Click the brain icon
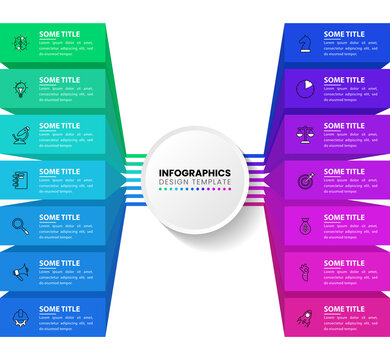point(20,43)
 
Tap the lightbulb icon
point(20,89)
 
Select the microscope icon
point(20,135)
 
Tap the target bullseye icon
point(304,181)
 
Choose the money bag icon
point(304,227)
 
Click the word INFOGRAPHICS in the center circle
point(195,173)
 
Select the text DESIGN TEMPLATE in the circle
point(195,182)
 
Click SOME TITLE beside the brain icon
point(60,34)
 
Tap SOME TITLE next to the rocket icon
point(344,309)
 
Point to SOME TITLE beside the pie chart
point(344,80)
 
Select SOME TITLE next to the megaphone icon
point(60,263)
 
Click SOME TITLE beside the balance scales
point(344,126)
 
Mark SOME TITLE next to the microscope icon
point(60,126)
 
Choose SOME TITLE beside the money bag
point(344,217)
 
